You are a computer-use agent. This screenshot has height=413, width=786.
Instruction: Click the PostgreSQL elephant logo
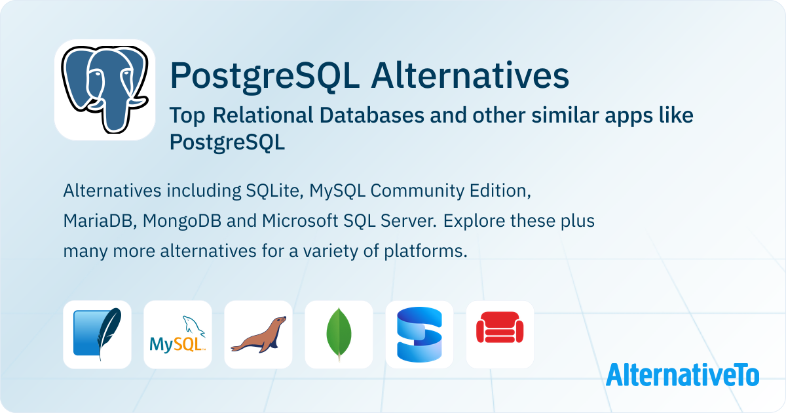tap(105, 90)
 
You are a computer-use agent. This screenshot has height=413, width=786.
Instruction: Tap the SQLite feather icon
tap(97, 334)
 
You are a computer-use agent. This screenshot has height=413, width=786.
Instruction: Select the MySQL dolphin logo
tap(178, 334)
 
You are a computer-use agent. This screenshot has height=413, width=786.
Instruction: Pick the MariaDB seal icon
tap(258, 334)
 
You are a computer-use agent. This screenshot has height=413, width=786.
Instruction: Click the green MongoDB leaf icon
tap(339, 334)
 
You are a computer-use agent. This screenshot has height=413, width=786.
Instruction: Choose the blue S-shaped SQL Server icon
tap(419, 334)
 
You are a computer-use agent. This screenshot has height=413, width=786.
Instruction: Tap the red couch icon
tap(500, 334)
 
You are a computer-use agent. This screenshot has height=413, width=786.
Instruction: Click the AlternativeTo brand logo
tap(683, 375)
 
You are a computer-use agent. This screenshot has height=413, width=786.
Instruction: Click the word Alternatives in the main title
tap(470, 76)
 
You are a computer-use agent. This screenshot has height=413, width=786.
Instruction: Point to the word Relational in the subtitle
tap(263, 115)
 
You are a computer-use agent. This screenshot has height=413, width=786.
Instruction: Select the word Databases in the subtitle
tap(372, 115)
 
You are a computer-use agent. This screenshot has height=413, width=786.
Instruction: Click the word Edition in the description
tap(500, 191)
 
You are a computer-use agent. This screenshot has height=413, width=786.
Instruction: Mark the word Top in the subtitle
tap(187, 116)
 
